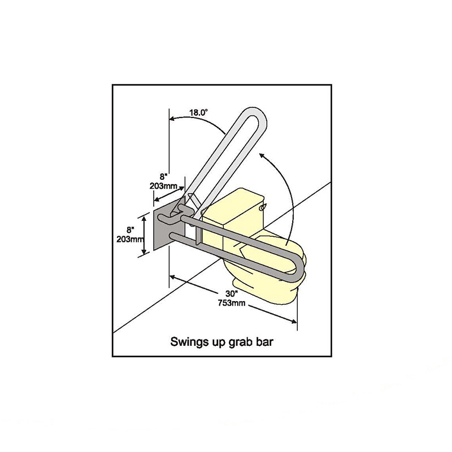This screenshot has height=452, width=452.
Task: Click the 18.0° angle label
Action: point(198,112)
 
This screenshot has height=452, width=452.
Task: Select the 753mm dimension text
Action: point(232,303)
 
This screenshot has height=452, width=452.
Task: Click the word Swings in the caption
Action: point(186,342)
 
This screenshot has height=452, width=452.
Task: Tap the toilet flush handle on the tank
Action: point(263,207)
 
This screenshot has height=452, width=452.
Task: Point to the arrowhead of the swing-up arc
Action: point(262,156)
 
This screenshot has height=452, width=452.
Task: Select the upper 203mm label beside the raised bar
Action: point(163,186)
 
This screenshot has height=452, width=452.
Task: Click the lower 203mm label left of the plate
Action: point(131,239)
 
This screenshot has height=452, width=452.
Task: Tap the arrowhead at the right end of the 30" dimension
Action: point(294,321)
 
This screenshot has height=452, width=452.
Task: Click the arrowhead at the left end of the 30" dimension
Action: point(173,277)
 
